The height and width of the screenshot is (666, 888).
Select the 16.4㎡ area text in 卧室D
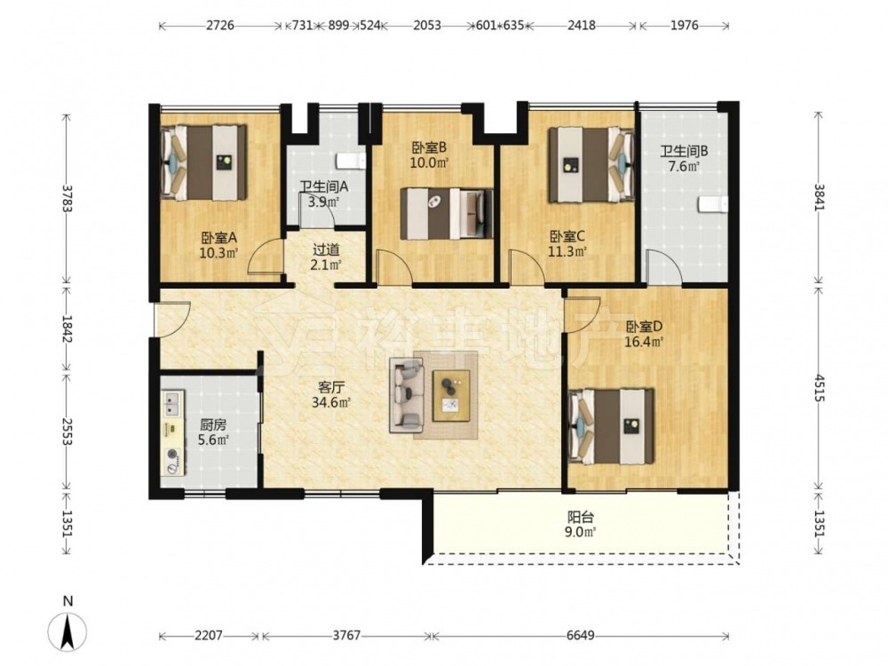644,342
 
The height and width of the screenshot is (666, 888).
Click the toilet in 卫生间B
712,205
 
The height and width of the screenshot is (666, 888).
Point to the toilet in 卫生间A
351,162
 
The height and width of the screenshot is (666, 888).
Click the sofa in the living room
407,397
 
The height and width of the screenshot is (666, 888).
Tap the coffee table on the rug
451,395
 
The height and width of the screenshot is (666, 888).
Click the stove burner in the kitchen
171,455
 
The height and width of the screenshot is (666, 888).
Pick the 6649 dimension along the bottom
581,636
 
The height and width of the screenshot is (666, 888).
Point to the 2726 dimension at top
220,26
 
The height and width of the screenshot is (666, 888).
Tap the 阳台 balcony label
581,517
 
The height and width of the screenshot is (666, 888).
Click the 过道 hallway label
326,250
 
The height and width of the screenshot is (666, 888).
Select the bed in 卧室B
447,213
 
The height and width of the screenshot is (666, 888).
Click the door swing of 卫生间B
666,267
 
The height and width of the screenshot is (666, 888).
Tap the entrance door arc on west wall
173,320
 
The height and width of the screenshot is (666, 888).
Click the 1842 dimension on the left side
67,329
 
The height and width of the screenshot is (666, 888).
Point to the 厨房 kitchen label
213,424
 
